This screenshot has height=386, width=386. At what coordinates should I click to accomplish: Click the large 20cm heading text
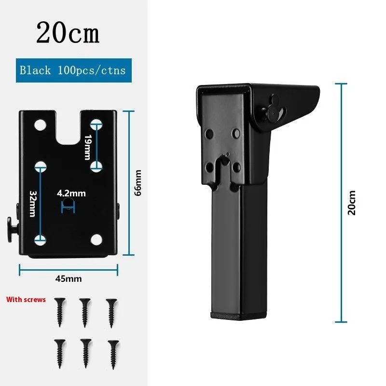[68, 32]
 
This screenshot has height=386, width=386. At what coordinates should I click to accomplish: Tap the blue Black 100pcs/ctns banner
[74, 70]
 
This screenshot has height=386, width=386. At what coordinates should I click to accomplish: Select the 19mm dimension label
[88, 147]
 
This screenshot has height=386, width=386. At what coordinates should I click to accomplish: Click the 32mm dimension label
[33, 204]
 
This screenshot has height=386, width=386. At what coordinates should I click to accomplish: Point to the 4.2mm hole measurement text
[71, 193]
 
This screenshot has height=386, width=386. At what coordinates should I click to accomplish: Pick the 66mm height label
[138, 183]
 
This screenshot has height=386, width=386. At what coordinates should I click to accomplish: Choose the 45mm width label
[69, 279]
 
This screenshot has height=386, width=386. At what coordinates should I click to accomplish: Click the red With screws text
[26, 299]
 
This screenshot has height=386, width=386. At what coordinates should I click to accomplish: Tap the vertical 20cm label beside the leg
[352, 203]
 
